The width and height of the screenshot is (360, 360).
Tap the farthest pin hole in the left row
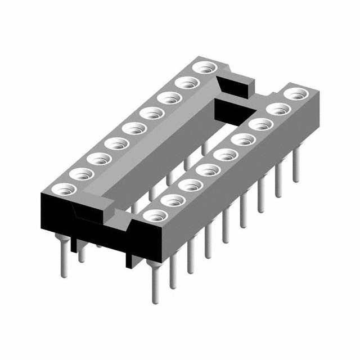(x=203, y=68)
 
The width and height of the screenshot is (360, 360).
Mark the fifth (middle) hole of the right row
(x=223, y=154)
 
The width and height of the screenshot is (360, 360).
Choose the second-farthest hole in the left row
(x=185, y=83)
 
